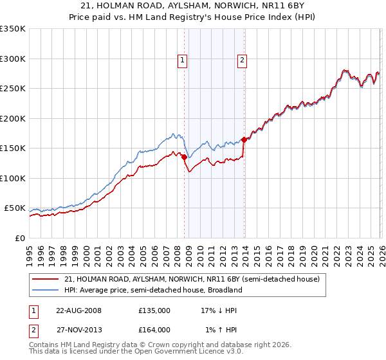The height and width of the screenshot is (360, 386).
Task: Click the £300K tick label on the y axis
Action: coord(12,59)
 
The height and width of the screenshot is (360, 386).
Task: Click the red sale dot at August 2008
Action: coord(184,157)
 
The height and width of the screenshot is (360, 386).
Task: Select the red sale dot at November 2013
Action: coord(244,139)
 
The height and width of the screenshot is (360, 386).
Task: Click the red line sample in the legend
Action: coord(46,279)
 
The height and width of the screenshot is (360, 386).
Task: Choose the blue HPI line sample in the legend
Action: coord(46,290)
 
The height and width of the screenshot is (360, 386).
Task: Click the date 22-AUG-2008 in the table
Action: coord(79,310)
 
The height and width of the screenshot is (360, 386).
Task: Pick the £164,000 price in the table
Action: coord(154,330)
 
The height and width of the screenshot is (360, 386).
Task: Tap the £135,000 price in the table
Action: coord(154,310)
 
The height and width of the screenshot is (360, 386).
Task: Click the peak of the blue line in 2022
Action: coord(345,69)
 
